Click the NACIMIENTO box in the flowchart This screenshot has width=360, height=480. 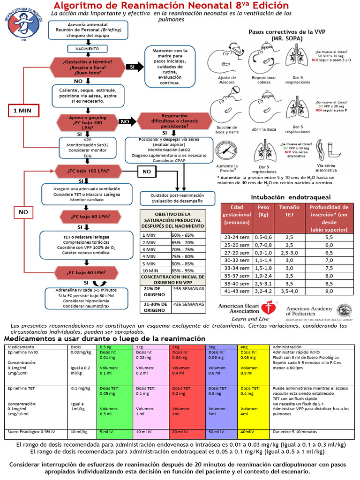[84, 48]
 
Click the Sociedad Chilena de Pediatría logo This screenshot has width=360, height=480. [23, 24]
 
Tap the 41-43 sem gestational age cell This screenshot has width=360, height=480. [237, 291]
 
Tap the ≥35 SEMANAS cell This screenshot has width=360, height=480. [188, 291]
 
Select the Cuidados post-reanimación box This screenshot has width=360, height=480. [177, 198]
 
